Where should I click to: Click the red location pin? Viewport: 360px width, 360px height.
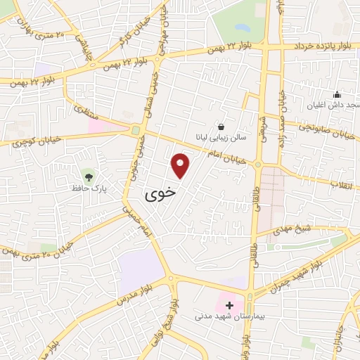181,165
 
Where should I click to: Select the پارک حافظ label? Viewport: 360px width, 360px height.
88,188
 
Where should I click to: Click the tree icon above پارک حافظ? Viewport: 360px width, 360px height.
88,175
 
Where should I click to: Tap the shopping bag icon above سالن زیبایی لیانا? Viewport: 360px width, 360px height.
221,127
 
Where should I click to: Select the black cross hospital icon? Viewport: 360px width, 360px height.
229,305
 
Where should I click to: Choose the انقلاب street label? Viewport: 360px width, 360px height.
347,185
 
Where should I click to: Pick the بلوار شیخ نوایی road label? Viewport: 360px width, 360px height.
169,330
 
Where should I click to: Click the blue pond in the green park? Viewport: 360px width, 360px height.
242,29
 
